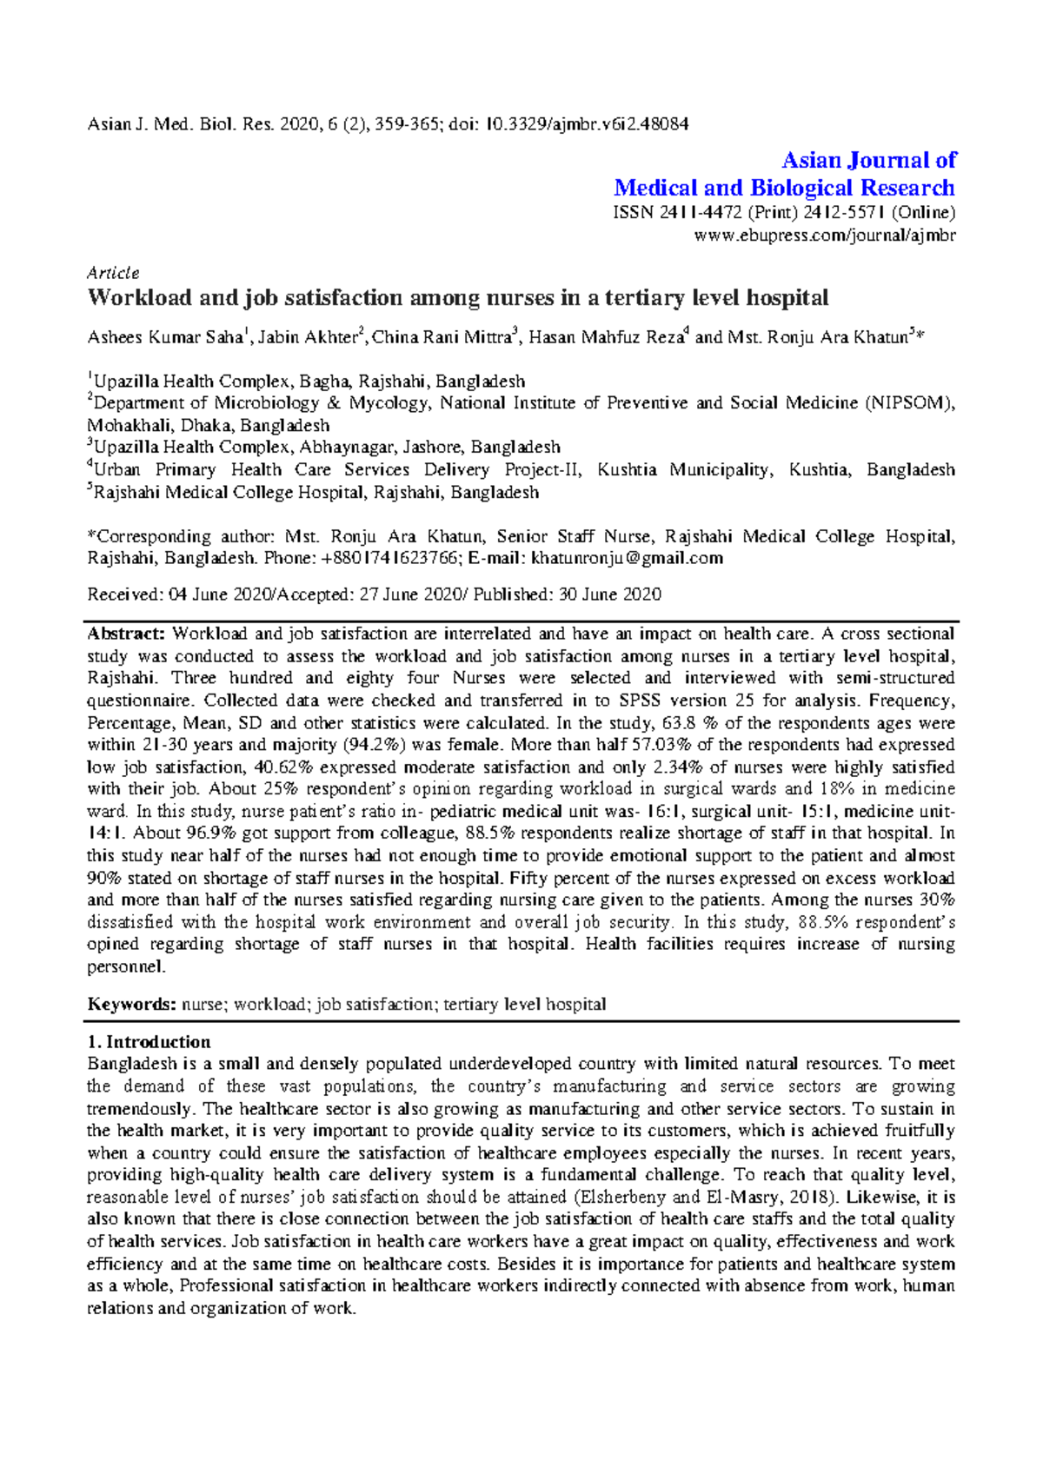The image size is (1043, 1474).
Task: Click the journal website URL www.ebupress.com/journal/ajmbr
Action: (825, 236)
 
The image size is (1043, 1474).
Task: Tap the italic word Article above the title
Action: (113, 273)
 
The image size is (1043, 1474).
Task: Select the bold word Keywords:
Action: (131, 1005)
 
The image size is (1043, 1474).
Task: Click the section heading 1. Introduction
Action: (149, 1042)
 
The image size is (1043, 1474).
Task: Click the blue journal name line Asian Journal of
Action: (868, 160)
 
